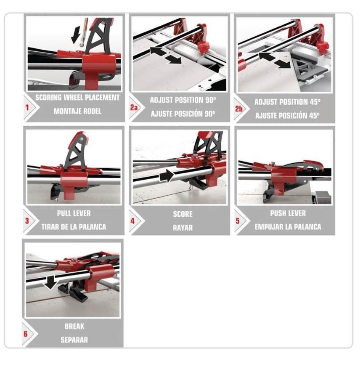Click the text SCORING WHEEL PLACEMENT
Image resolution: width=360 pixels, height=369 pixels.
[77, 98]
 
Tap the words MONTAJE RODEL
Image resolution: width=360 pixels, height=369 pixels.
[77, 111]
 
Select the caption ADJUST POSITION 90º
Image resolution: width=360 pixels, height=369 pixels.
[183, 100]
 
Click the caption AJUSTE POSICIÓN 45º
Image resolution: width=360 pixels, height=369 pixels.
[287, 116]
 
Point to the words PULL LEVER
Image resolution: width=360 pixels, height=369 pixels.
[74, 213]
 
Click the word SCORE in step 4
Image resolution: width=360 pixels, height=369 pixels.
[183, 214]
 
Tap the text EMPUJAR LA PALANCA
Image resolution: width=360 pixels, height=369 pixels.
[288, 227]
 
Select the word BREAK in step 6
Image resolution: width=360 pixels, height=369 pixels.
[74, 327]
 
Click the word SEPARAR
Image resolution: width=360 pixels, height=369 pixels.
[74, 340]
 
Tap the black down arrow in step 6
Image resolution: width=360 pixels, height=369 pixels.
[50, 282]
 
